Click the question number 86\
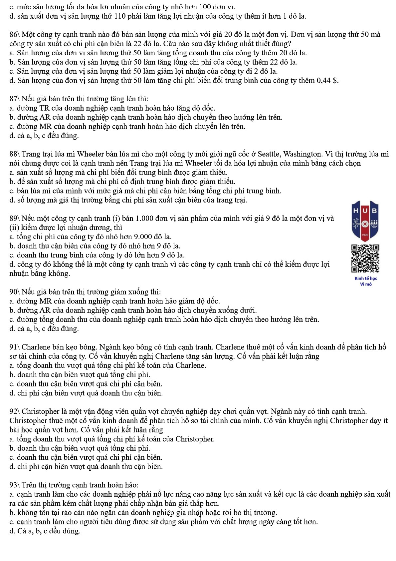(15, 35)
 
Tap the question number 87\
(15, 99)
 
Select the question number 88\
(15, 154)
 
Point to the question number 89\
(15, 219)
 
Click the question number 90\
(15, 292)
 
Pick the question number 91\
(15, 347)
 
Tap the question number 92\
(15, 412)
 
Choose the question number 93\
(15, 485)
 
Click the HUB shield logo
(365, 221)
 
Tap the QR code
(365, 259)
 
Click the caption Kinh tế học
(366, 279)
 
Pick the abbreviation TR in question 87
(44, 108)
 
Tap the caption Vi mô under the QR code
(366, 284)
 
